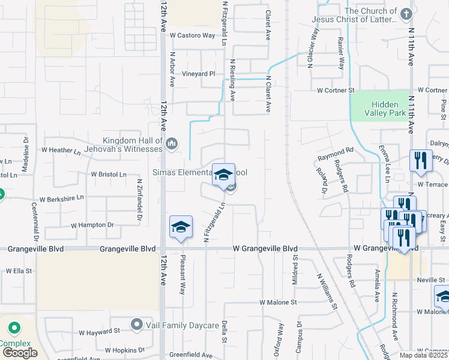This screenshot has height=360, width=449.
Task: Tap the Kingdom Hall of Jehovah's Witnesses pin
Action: pos(172,143)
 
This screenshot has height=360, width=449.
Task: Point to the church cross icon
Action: pos(406,13)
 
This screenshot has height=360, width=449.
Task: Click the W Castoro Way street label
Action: pos(192,36)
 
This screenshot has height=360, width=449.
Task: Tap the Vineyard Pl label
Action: pos(199,74)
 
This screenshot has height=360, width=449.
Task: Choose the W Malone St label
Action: pos(278,304)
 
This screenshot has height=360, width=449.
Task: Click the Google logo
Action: pos(19,352)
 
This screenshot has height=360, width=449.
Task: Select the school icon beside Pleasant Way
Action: pos(181,227)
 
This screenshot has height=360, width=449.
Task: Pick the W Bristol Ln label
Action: pos(109,175)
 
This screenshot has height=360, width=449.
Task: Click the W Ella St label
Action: pos(19,271)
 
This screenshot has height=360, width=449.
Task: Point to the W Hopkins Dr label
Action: pos(125,350)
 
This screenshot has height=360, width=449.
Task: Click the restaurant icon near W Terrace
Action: pos(421,161)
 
